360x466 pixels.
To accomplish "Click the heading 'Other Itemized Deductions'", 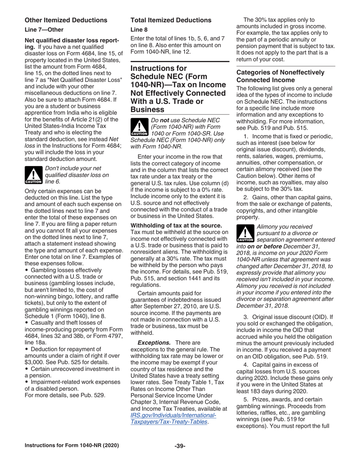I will (66, 20).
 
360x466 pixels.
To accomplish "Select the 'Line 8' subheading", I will (138, 29).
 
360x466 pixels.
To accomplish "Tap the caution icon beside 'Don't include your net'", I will (33, 176).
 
